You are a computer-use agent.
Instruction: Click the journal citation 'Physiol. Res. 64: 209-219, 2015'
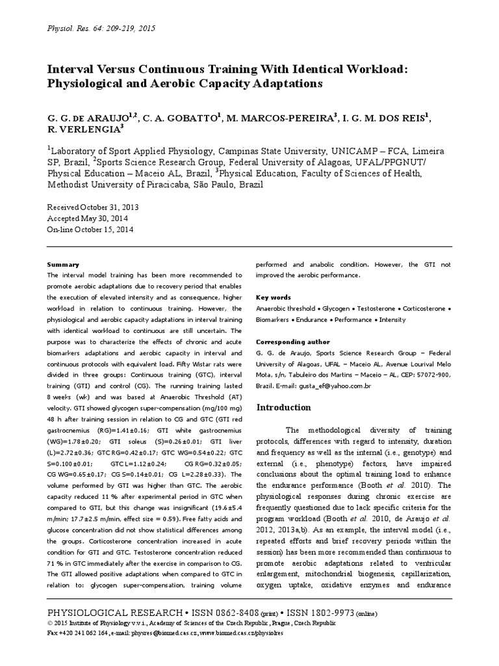[x=101, y=29]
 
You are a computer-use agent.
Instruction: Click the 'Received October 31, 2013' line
[x=94, y=206]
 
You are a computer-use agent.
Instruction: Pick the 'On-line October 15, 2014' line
[x=91, y=229]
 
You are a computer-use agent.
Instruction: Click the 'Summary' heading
[x=63, y=265]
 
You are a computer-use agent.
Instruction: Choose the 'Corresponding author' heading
[x=293, y=342]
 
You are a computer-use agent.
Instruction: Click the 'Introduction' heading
[x=284, y=408]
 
